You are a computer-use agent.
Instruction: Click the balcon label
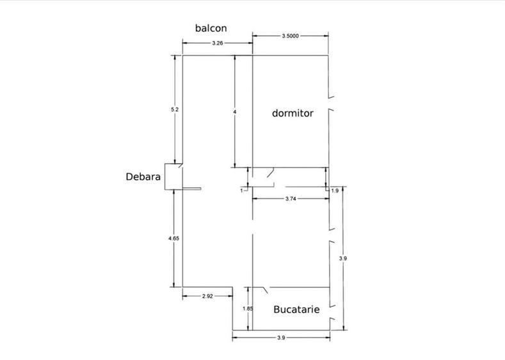coord(211,28)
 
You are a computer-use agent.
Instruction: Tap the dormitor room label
coord(293,113)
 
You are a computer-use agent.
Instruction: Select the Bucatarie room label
coord(296,309)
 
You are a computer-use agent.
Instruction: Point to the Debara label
coord(143,176)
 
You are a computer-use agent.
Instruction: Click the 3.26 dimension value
coord(218,43)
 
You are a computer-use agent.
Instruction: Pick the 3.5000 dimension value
coord(290,36)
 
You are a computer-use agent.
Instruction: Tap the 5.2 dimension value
coord(175,109)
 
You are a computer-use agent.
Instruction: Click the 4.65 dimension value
coord(173,239)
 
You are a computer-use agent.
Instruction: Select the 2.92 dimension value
coord(207,296)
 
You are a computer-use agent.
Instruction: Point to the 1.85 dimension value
coord(248,309)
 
